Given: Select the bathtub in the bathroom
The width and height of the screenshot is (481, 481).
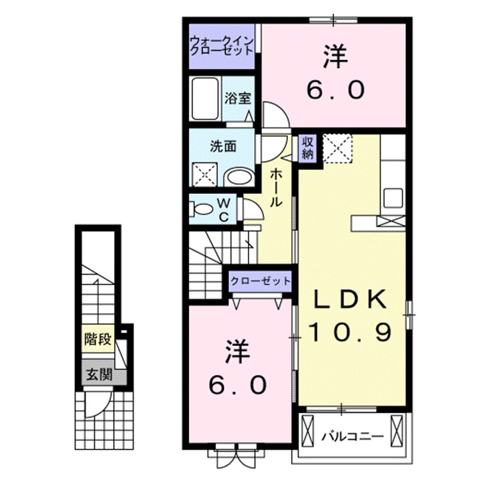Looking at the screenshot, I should coord(205,99).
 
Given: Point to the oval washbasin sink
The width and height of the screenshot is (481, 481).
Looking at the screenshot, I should coord(238,176).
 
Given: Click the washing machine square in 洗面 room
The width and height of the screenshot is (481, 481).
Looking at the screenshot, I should coord(204,174).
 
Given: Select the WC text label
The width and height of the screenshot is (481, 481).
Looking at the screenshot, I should coord(224,209).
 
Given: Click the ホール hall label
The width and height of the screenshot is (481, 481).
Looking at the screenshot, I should coord(276,186).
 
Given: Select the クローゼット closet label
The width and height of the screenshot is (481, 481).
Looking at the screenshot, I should coord(261,281).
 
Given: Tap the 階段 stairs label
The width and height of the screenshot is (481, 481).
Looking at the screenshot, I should coord(97,338).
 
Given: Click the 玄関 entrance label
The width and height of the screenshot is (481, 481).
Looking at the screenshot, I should coord(97,375).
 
